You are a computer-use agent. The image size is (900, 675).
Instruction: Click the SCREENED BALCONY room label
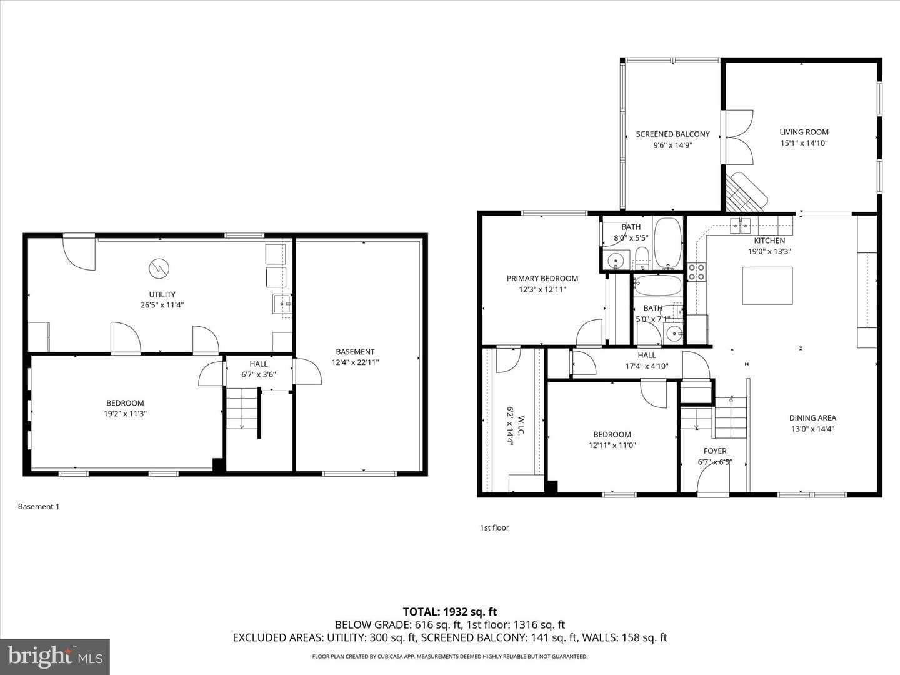(672, 134)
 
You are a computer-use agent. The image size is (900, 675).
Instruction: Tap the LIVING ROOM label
(804, 132)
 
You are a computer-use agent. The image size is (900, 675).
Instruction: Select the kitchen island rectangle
(767, 286)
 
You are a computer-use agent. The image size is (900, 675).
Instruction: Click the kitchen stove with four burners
(697, 272)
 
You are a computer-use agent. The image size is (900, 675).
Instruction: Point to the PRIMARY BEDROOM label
(542, 278)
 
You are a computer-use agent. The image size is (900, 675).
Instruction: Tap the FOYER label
(715, 451)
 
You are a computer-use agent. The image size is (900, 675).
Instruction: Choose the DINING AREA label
(812, 417)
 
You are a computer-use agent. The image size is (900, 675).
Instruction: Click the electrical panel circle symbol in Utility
(159, 269)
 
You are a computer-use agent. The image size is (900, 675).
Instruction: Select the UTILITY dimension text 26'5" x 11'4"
(162, 305)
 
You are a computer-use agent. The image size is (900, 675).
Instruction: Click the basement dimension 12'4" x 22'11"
(355, 362)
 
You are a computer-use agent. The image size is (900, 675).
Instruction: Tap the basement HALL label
(258, 364)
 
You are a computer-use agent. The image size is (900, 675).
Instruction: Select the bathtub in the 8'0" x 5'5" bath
(667, 242)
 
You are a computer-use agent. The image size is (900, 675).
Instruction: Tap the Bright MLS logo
(55, 656)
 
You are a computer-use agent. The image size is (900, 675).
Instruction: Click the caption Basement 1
(39, 506)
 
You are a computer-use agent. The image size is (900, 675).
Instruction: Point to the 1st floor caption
(494, 527)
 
